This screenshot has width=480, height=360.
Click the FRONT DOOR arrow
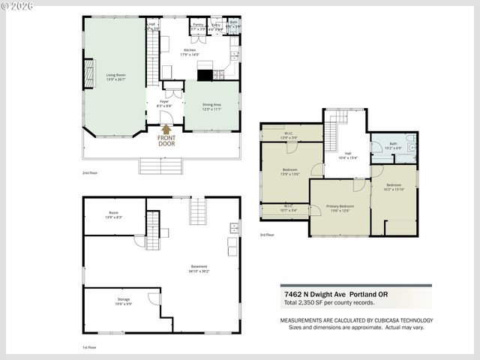(x=166, y=128)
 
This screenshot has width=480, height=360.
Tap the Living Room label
(x=115, y=76)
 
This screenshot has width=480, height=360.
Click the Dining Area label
(x=211, y=106)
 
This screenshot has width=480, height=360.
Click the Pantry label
(x=198, y=25)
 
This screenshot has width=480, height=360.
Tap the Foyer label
(x=164, y=103)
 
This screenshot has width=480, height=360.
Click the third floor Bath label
(x=393, y=145)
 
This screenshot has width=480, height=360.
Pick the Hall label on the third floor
(x=348, y=156)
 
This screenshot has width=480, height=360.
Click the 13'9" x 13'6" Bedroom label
(x=289, y=172)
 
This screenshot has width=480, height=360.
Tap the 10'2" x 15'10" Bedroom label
(x=394, y=186)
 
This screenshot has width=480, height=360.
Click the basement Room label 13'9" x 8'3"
(x=113, y=214)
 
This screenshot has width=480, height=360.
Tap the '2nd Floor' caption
(x=90, y=173)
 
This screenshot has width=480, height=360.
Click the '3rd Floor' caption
(x=267, y=235)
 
